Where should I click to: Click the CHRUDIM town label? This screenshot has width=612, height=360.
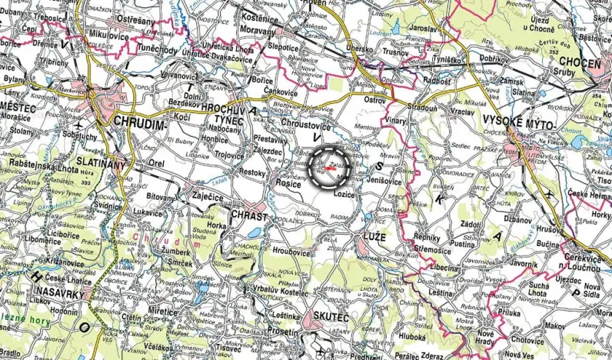point(139,122)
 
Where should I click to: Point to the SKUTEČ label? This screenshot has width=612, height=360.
point(329,318)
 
